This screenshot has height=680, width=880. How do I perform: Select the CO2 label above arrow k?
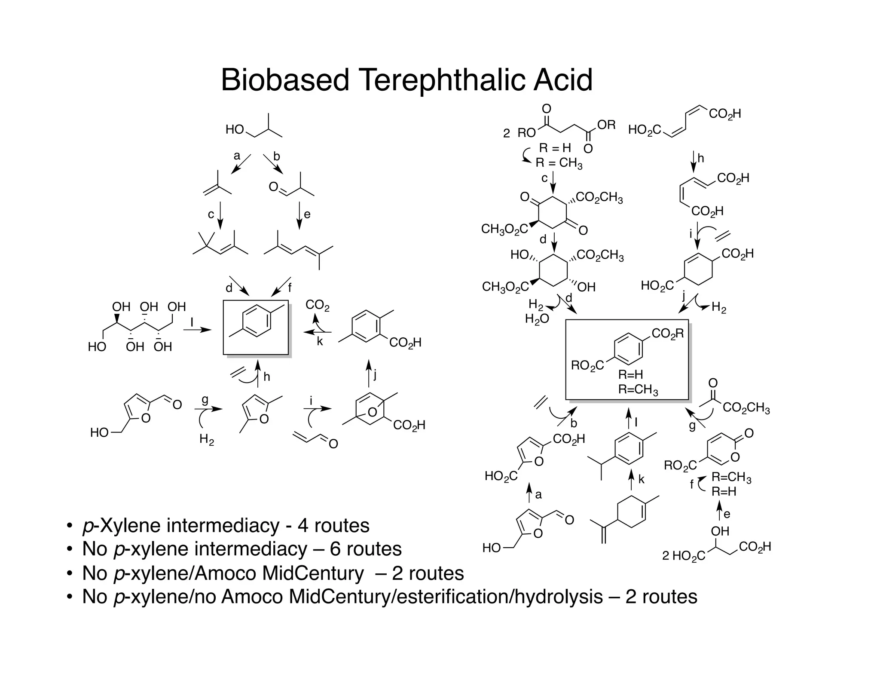pyautogui.click(x=318, y=306)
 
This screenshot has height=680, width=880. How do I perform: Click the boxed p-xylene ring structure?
pyautogui.click(x=257, y=327)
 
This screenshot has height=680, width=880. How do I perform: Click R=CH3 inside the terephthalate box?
pyautogui.click(x=639, y=390)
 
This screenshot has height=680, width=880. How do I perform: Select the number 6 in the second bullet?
pyautogui.click(x=336, y=549)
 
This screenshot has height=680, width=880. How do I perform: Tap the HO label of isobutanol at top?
pyautogui.click(x=235, y=129)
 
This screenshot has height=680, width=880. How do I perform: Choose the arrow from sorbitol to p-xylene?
pyautogui.click(x=197, y=330)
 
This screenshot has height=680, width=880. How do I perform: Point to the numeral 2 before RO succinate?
pyautogui.click(x=507, y=134)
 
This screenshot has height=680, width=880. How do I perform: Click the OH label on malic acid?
pyautogui.click(x=720, y=531)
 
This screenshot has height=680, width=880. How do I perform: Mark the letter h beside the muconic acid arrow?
pyautogui.click(x=701, y=159)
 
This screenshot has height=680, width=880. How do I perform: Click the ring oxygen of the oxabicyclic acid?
pyautogui.click(x=373, y=413)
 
